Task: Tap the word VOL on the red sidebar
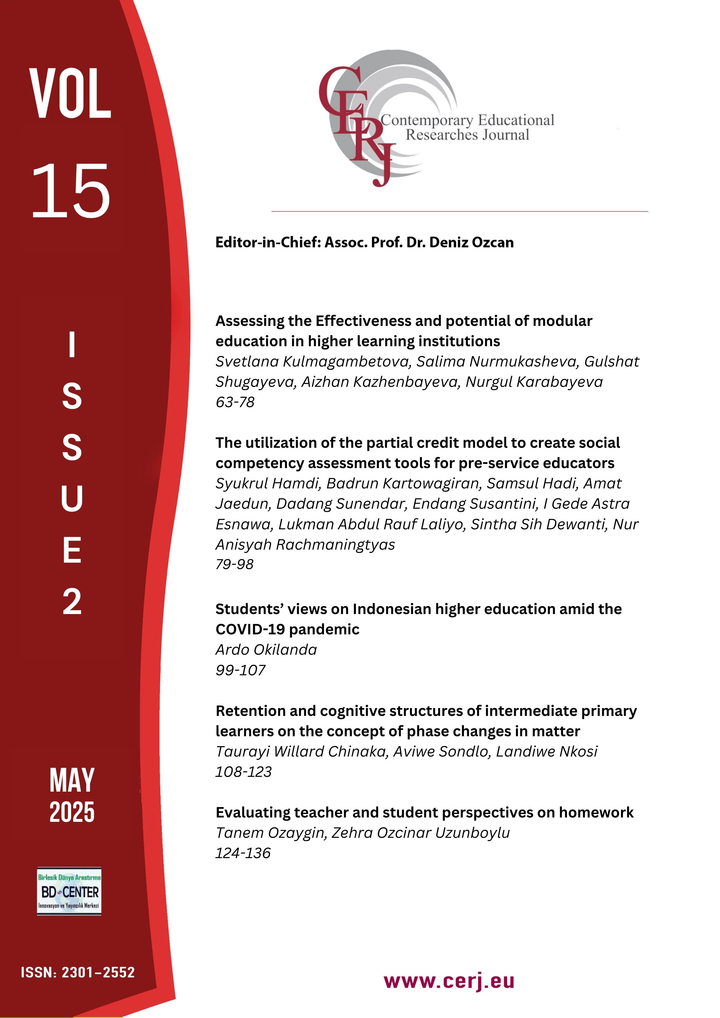(x=70, y=94)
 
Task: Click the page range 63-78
(x=235, y=402)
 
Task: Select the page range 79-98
(x=234, y=564)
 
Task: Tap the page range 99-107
(x=240, y=670)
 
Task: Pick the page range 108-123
(x=243, y=772)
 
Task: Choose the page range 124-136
(x=243, y=853)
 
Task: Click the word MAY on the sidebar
(x=72, y=781)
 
